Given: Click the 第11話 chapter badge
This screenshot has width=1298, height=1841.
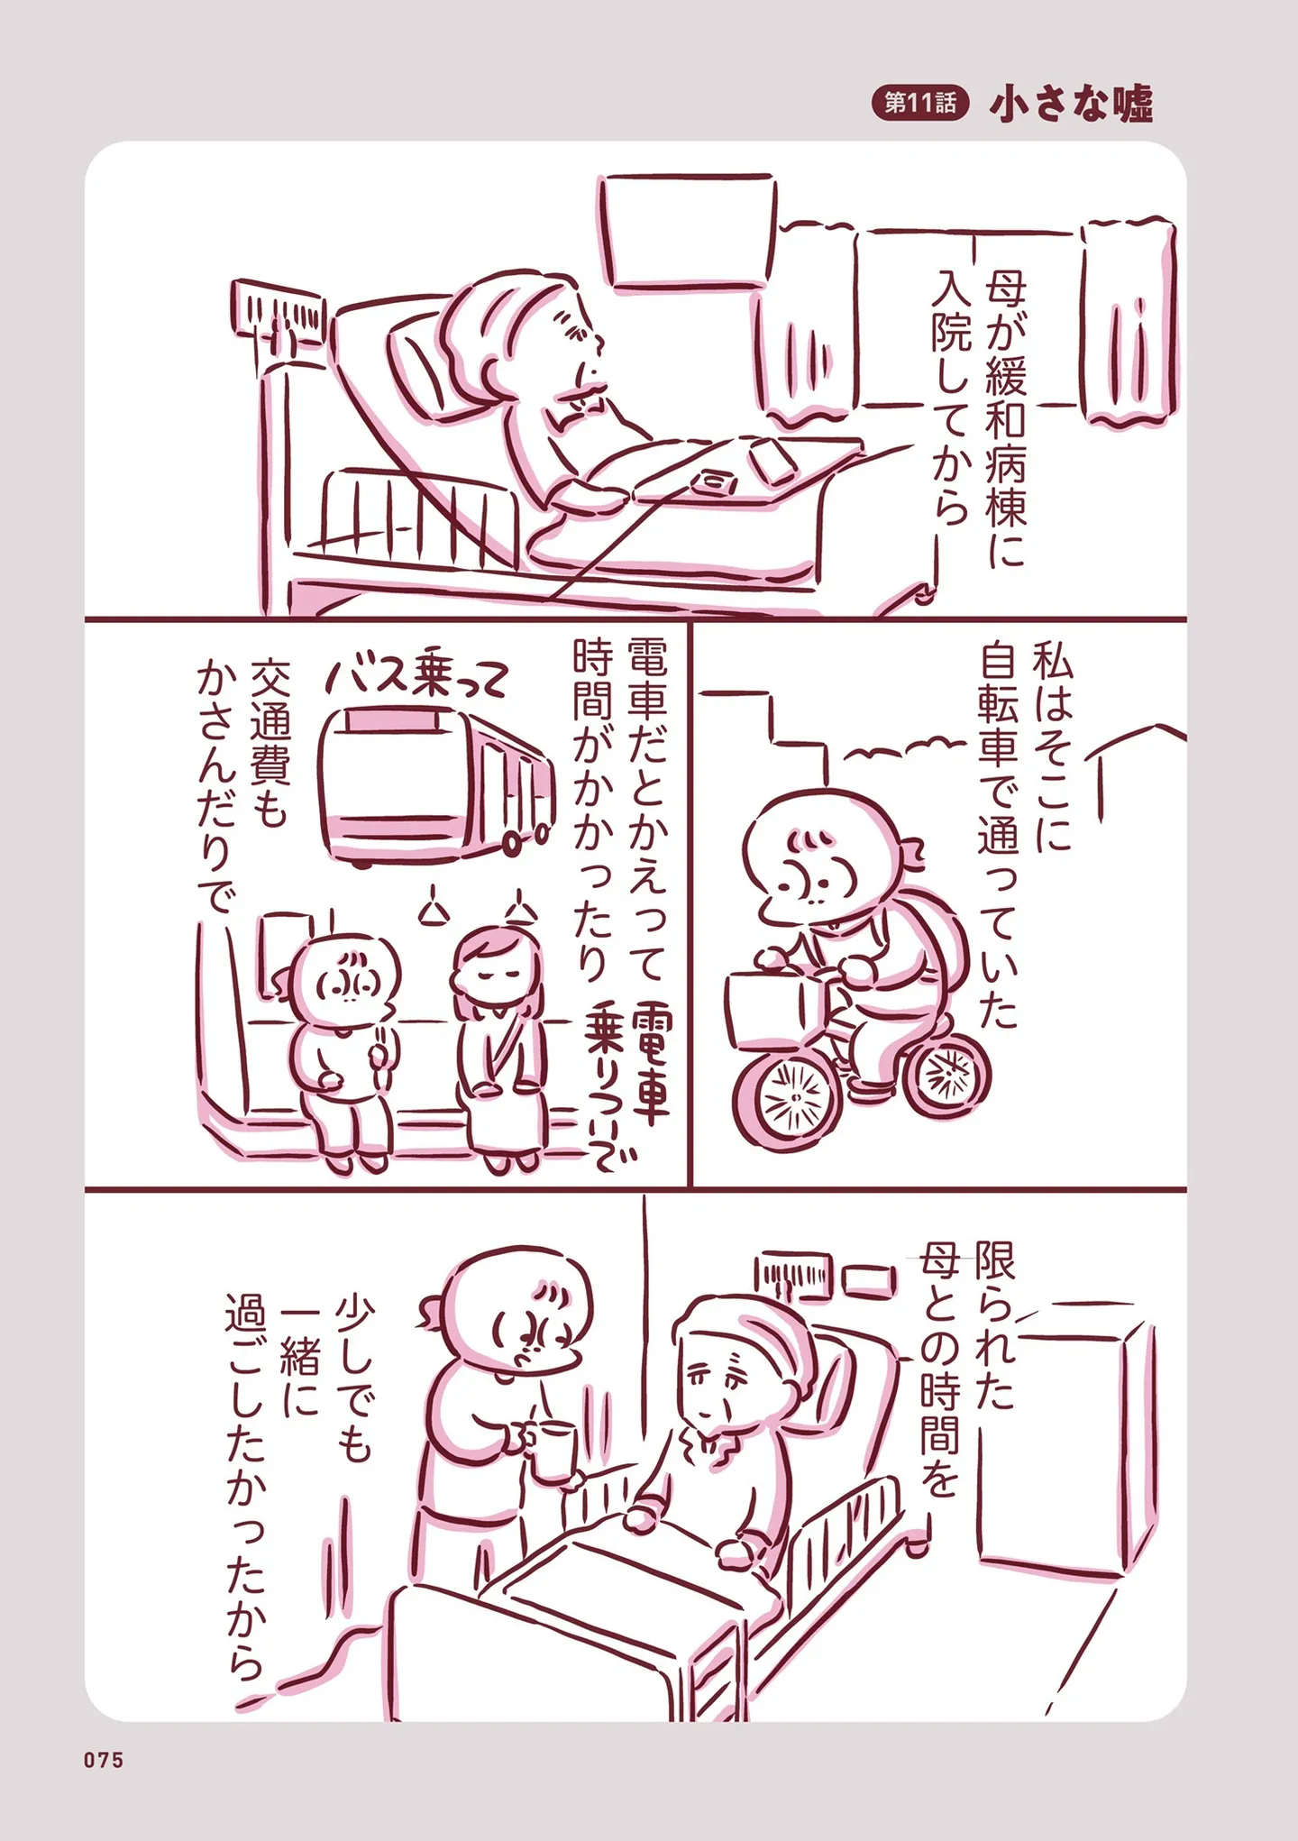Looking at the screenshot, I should click(919, 103).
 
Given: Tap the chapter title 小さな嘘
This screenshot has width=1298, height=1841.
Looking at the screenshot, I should click(1071, 104).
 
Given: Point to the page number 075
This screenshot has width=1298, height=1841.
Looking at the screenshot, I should click(104, 1760).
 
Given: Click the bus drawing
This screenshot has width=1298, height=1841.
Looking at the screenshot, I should click(436, 786).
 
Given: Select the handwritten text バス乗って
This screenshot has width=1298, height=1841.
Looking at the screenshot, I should click(416, 676).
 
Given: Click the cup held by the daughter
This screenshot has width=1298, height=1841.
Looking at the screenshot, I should click(553, 1451).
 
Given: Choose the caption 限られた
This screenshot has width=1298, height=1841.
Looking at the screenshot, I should click(994, 1324).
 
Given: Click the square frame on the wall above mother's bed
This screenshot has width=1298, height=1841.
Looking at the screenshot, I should click(687, 231).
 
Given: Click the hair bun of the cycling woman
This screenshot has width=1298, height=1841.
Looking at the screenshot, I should click(912, 852).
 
